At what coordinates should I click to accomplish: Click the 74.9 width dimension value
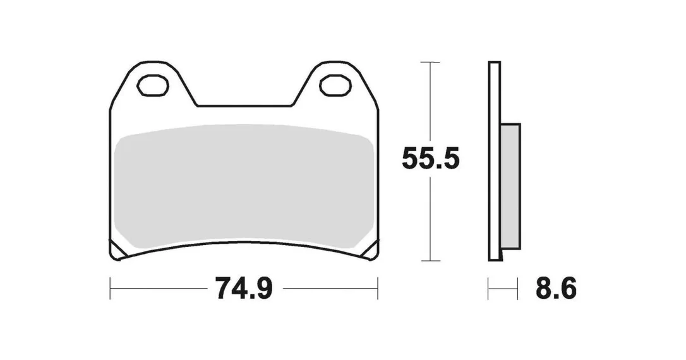tap(244, 288)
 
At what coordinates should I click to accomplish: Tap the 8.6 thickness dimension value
tap(556, 288)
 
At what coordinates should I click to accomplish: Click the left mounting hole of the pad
tap(153, 85)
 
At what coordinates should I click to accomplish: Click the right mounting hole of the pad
tap(335, 85)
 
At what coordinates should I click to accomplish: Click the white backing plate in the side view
tap(495, 161)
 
